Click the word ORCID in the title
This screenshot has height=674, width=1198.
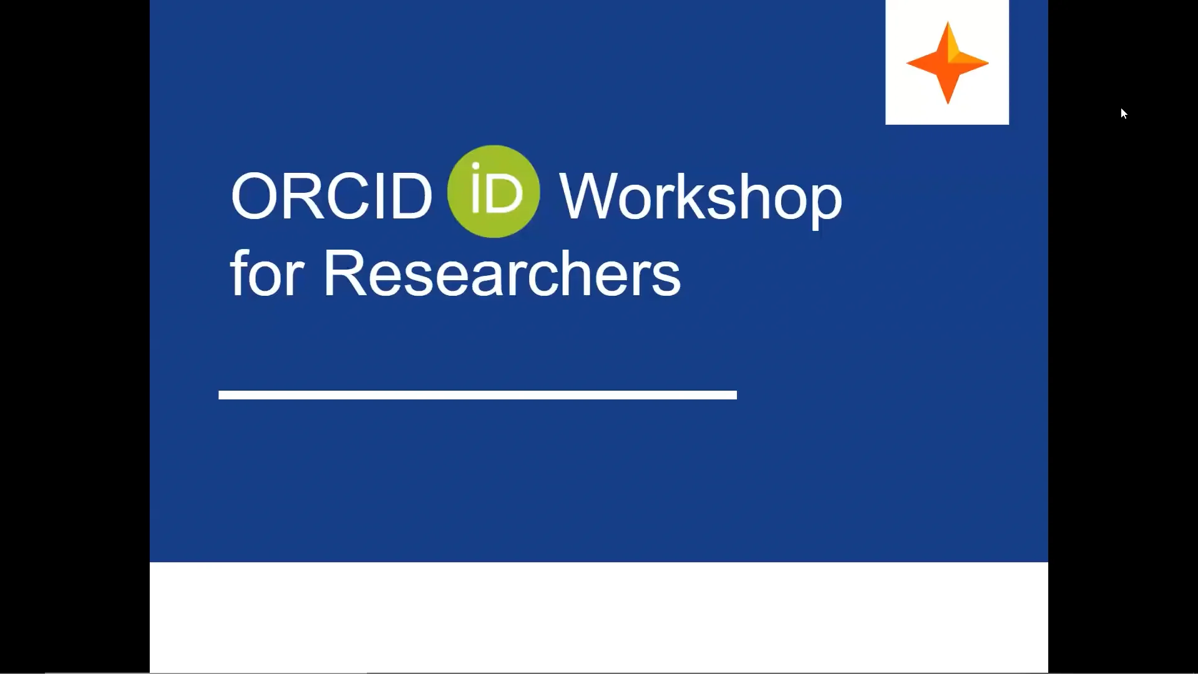tap(331, 197)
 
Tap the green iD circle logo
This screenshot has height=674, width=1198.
tap(493, 192)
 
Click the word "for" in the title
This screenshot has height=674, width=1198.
tap(266, 273)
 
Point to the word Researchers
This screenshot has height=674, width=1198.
tap(501, 273)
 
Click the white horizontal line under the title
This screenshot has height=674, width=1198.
tap(477, 394)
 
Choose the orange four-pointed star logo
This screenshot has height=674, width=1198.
tap(947, 63)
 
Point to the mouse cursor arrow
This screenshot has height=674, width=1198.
tap(1123, 113)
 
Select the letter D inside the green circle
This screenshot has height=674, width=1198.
tap(504, 194)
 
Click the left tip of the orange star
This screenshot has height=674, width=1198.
tap(908, 63)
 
